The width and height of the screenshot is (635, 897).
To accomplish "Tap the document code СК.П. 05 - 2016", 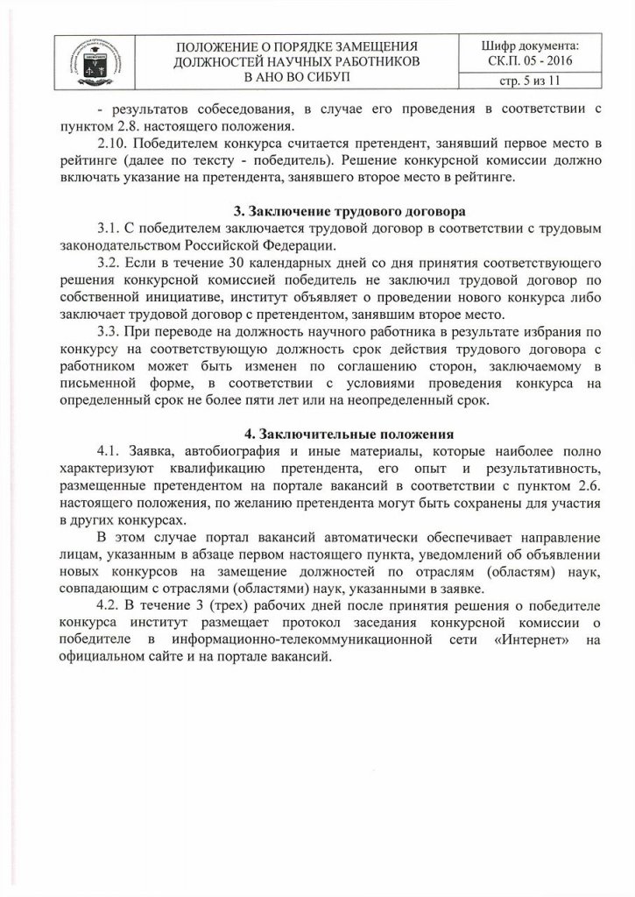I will coord(531,60).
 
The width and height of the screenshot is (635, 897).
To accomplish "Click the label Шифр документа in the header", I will coord(531,44).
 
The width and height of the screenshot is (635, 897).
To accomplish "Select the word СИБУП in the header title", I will coord(323,77).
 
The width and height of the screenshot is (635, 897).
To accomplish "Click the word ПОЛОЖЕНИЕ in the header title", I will coord(221,44).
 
